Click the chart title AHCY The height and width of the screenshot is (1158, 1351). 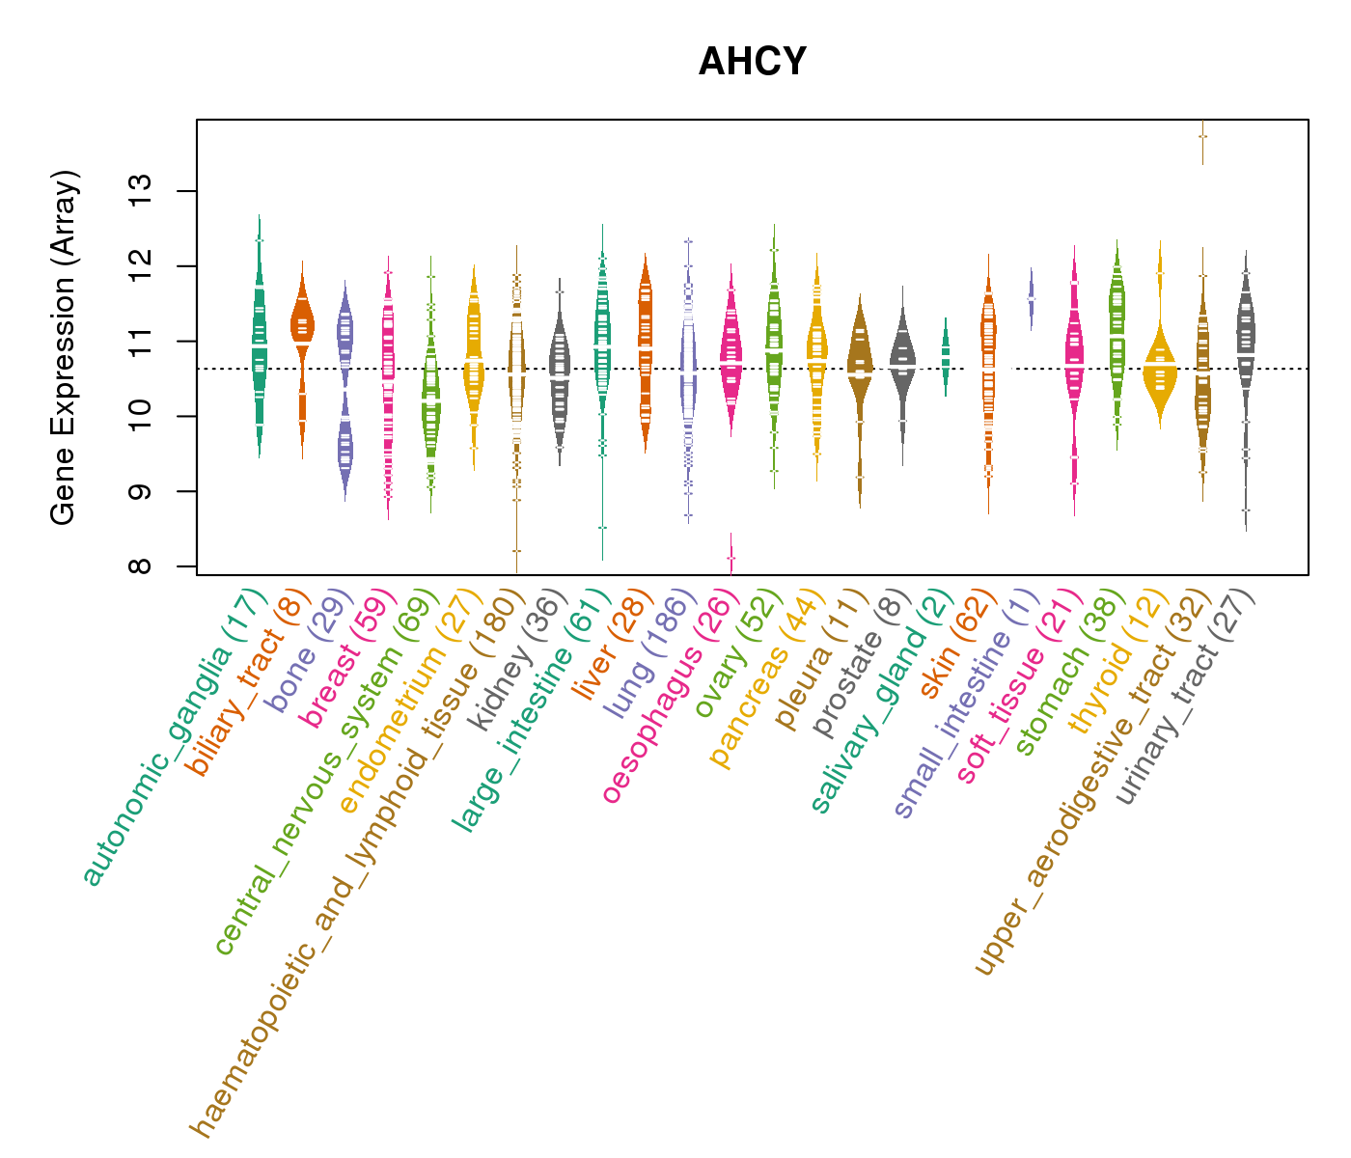tap(752, 63)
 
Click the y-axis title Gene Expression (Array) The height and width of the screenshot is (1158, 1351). tap(64, 347)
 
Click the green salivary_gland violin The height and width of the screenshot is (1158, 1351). tap(946, 355)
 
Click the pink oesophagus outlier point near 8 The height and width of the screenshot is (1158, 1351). tap(731, 558)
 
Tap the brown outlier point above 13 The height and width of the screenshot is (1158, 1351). tap(1202, 136)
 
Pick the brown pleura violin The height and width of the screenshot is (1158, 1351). tap(860, 367)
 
